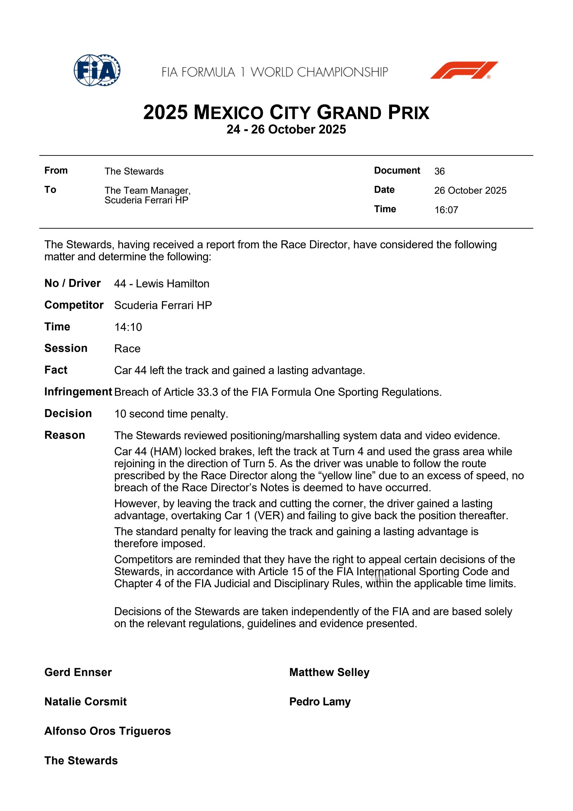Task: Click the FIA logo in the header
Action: coord(97,70)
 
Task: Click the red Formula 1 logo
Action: coord(464,70)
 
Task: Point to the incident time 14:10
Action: coord(128,327)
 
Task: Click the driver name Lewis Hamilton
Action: coord(172,284)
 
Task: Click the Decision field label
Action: coord(68,413)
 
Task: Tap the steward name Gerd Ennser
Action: coord(78,672)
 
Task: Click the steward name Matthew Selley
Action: coord(329,672)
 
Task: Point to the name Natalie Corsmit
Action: coord(86,701)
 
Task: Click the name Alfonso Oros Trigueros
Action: coord(107,731)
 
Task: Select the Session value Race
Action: coord(127,349)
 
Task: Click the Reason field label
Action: coord(65,435)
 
